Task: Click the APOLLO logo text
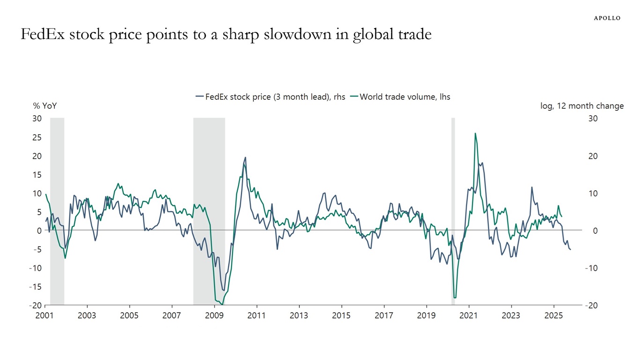[x=607, y=18]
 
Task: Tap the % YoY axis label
[x=45, y=106]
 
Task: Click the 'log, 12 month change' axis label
[x=582, y=106]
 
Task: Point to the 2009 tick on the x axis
[x=214, y=315]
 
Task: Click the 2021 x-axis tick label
[x=469, y=315]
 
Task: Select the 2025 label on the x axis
[x=553, y=315]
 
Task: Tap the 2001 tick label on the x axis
[x=45, y=315]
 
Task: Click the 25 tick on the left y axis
[x=37, y=137]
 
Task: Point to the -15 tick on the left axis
[x=36, y=286]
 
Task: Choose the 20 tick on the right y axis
[x=593, y=156]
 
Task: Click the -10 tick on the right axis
[x=591, y=268]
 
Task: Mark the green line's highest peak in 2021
[x=475, y=134]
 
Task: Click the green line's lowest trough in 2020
[x=455, y=297]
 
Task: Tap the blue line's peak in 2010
[x=245, y=158]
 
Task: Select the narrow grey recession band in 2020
[x=453, y=211]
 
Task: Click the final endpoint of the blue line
[x=570, y=249]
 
